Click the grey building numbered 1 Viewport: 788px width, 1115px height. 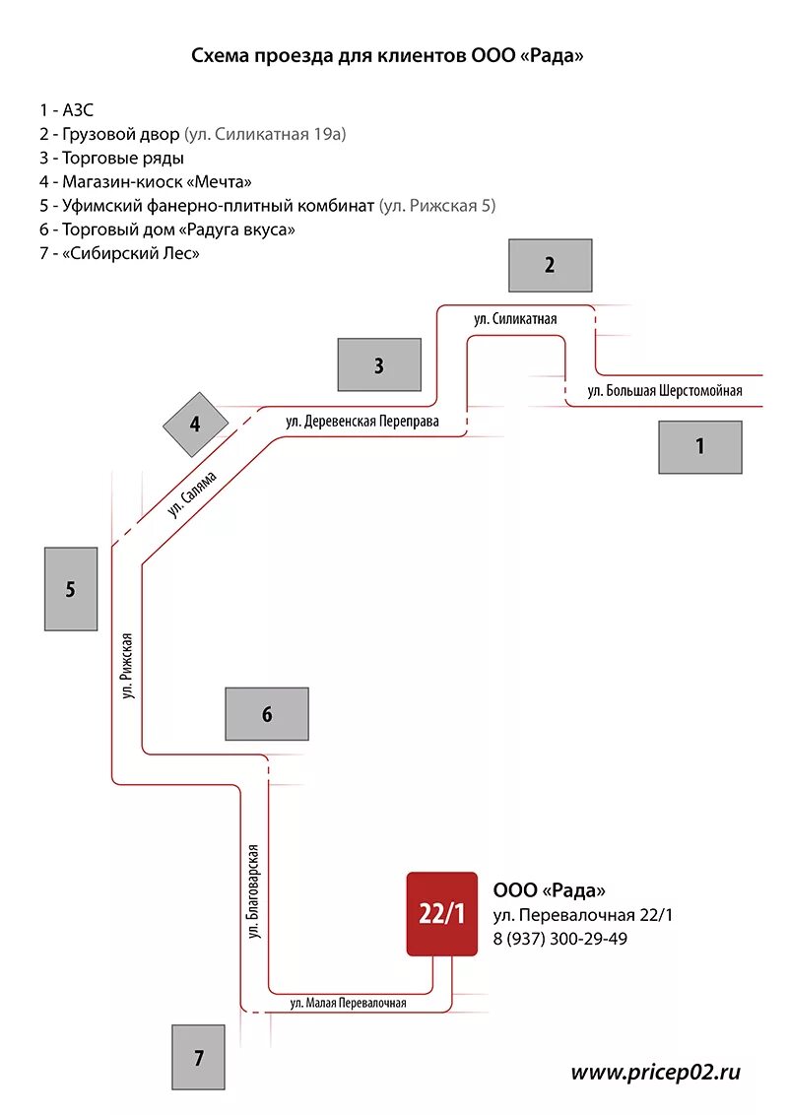700,446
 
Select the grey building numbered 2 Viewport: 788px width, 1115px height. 550,265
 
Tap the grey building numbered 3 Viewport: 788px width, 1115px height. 378,366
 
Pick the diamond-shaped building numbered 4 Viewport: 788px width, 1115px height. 195,425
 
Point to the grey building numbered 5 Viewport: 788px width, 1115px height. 70,589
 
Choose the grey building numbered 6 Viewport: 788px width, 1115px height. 267,714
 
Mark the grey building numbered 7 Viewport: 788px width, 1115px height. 199,1058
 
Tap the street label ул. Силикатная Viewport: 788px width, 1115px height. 515,319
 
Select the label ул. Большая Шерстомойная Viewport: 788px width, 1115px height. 665,391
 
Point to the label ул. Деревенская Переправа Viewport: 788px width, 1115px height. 362,422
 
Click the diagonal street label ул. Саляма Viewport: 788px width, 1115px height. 191,494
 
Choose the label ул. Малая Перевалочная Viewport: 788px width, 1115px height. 348,1004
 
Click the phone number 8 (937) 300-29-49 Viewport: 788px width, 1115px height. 560,939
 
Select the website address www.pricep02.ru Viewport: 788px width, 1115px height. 655,1072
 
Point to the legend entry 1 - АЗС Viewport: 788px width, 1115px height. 66,109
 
